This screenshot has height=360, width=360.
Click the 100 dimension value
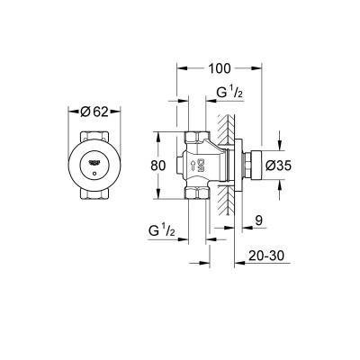pos(220,68)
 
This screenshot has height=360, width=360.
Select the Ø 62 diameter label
pos(94,112)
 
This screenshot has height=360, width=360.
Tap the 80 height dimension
pos(157,166)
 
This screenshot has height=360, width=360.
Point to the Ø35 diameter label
pos(279,166)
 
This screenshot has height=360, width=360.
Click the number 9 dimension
pos(259,220)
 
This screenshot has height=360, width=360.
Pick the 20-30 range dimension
pos(266,256)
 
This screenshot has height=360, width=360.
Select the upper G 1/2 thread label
pos(229,94)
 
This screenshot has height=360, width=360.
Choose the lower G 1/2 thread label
pos(161,231)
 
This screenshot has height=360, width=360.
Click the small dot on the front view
pos(94,174)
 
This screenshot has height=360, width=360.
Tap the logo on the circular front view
pos(94,163)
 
